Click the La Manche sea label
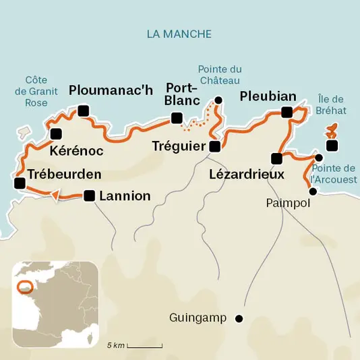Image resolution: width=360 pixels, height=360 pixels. (179, 34)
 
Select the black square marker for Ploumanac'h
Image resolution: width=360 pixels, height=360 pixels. (84, 111)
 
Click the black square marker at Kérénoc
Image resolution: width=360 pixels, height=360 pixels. (56, 133)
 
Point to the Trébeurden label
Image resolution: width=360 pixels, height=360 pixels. (65, 174)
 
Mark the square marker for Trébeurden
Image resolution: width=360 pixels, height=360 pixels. (20, 183)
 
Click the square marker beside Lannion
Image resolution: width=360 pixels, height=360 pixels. (89, 196)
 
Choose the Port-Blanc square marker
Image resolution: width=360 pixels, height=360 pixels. (177, 119)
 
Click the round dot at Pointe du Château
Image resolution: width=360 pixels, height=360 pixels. (218, 100)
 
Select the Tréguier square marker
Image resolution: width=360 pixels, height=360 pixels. (214, 146)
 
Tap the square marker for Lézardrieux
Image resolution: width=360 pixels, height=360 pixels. (276, 159)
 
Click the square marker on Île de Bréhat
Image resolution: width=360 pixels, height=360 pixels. (332, 146)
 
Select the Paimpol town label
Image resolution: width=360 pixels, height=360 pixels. (288, 203)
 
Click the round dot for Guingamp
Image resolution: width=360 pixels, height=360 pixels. (238, 318)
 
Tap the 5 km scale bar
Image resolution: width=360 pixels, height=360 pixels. (143, 345)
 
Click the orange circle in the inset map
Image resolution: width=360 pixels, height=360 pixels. (25, 286)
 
